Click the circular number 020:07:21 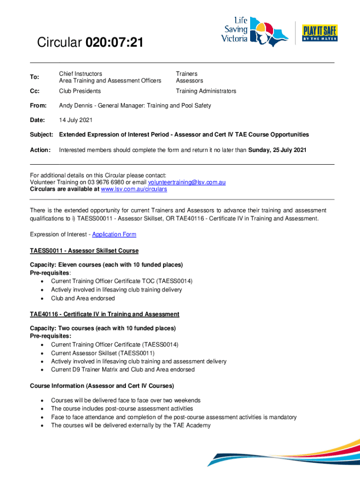(x=115, y=44)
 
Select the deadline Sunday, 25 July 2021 (x=277, y=150)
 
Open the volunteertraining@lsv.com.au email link (x=187, y=182)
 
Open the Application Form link (x=114, y=234)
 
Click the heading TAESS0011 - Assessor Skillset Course (x=84, y=251)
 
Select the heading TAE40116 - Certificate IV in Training (x=104, y=314)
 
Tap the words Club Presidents (x=80, y=91)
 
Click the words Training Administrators (x=206, y=91)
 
